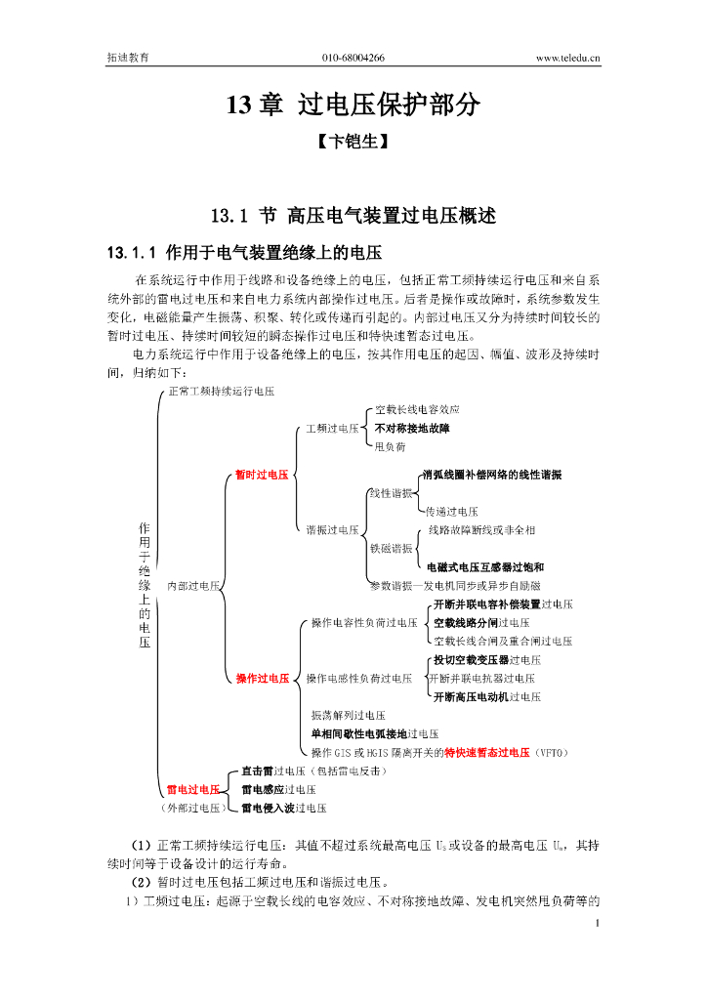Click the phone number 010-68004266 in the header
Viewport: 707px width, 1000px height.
point(353,59)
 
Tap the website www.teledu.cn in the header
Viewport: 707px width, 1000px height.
point(568,59)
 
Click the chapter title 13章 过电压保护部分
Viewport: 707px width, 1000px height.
point(353,105)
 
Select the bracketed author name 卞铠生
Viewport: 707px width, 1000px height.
point(353,143)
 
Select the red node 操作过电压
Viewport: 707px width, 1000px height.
point(263,678)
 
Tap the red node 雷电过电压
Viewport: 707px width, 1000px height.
point(192,789)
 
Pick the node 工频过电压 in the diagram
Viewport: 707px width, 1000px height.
point(332,429)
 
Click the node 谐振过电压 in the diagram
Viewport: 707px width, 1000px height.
point(332,530)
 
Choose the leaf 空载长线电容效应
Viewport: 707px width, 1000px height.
point(417,409)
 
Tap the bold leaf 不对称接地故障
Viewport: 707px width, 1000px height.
point(412,428)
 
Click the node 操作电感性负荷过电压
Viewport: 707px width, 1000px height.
point(359,678)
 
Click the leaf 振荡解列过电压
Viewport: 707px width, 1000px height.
point(349,715)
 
